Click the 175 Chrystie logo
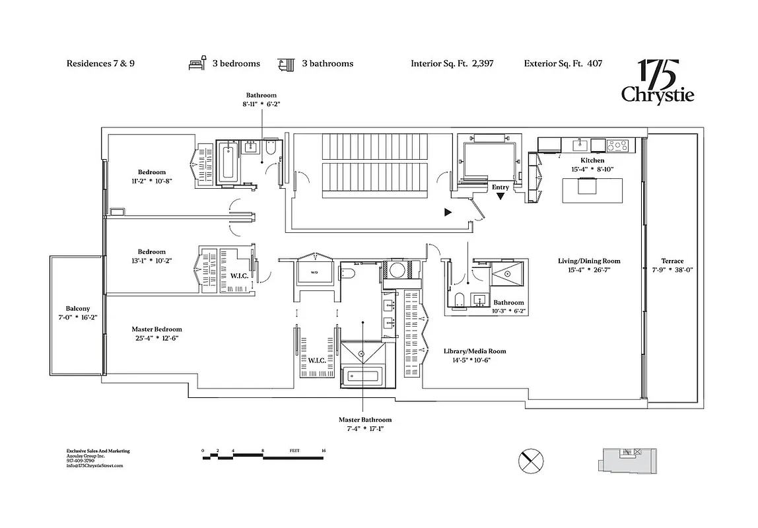click(657, 82)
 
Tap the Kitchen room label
click(592, 160)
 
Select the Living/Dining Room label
click(589, 261)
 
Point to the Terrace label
click(672, 261)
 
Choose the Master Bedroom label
click(156, 329)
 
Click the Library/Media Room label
click(475, 351)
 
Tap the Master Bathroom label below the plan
click(365, 420)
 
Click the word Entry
click(500, 187)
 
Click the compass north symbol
click(532, 459)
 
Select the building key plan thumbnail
click(627, 459)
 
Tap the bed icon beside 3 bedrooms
click(198, 63)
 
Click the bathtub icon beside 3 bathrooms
click(287, 63)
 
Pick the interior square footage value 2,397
click(483, 64)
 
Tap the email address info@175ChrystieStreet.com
click(94, 465)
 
